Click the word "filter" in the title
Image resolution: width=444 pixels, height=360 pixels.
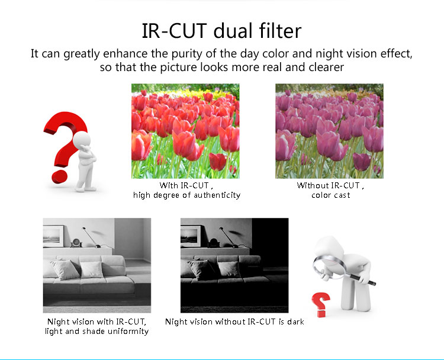(x=280, y=31)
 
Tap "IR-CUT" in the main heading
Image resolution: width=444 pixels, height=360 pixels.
(x=174, y=31)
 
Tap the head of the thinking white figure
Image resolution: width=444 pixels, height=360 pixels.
(x=82, y=139)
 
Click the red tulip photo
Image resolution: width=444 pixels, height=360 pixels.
(x=185, y=131)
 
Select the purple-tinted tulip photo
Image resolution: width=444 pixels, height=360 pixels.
(x=329, y=131)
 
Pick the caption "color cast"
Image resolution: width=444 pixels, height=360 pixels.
(x=331, y=195)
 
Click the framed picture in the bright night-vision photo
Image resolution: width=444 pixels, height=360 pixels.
(x=53, y=236)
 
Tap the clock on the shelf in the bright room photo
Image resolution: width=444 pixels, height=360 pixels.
(x=76, y=243)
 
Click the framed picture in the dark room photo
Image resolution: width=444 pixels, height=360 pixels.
(x=191, y=236)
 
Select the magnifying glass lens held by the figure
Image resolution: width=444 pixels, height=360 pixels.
(x=329, y=266)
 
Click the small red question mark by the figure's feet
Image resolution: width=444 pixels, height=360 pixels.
(x=321, y=304)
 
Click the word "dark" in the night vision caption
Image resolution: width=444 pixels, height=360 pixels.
(x=295, y=322)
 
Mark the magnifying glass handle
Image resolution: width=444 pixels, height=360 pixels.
(x=362, y=279)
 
